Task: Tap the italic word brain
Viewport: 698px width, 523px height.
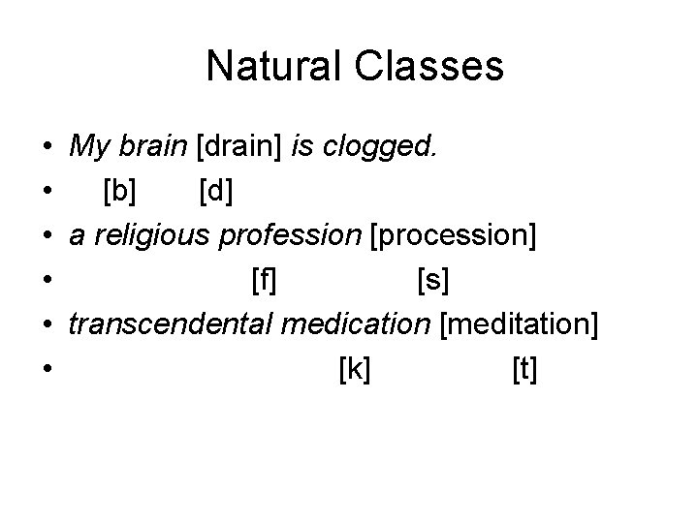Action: click(x=154, y=148)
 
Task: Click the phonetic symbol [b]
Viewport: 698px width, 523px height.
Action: click(x=120, y=192)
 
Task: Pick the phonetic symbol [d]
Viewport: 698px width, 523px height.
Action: click(x=214, y=192)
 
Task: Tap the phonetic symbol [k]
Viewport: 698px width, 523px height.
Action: click(x=355, y=369)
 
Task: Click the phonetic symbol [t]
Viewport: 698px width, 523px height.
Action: click(x=523, y=369)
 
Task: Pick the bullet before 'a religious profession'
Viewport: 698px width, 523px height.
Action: click(x=48, y=237)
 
